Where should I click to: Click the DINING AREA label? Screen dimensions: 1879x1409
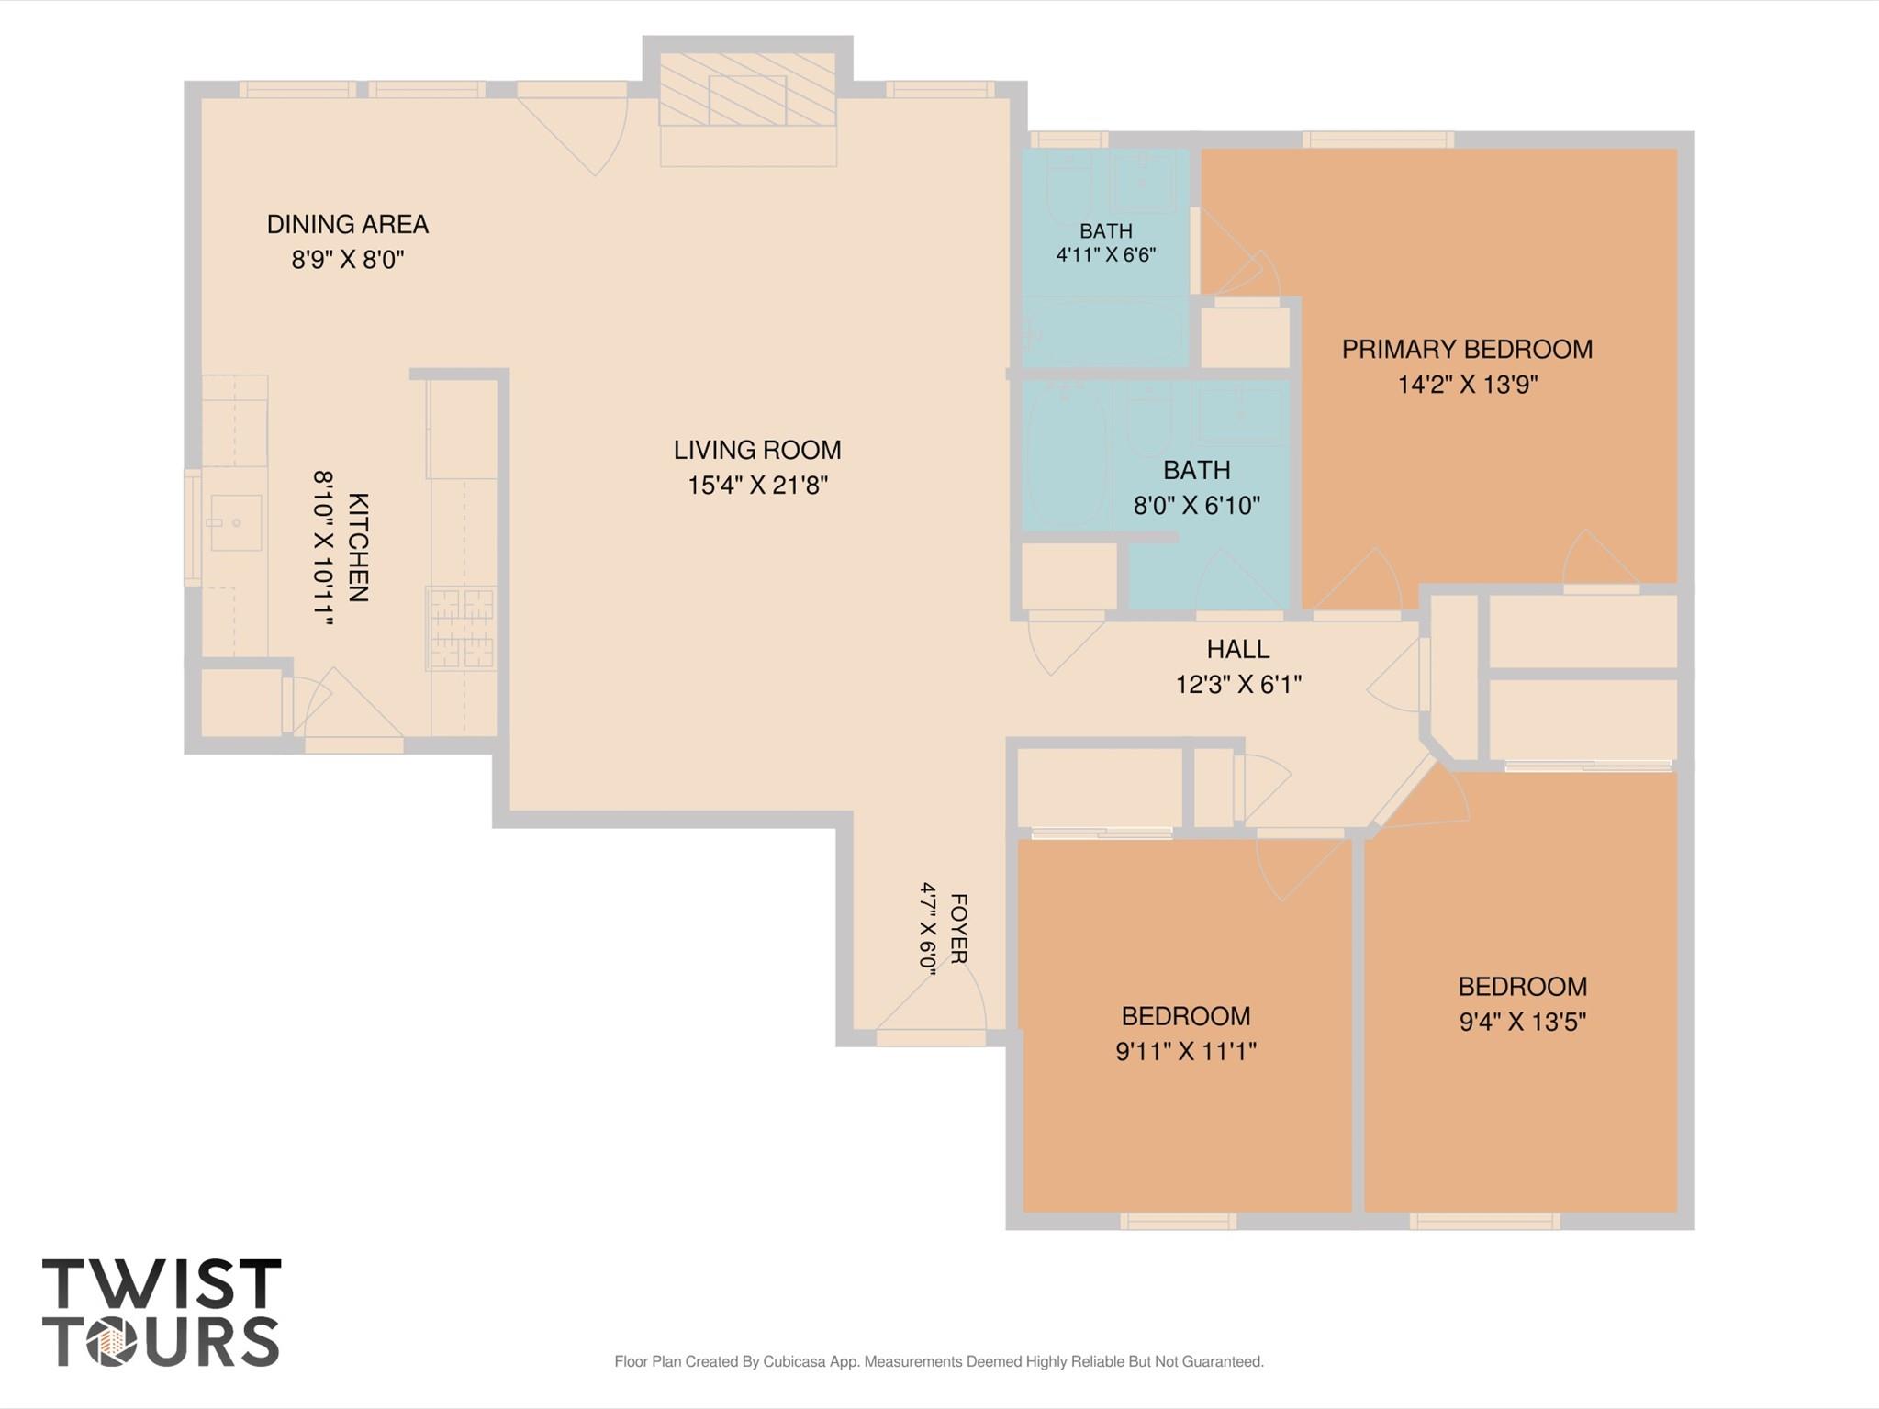[348, 224]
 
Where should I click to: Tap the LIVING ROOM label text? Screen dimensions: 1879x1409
[757, 450]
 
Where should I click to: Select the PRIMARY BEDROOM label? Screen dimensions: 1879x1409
[1467, 349]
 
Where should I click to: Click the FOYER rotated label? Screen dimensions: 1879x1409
[957, 929]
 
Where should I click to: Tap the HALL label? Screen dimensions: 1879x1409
[1238, 649]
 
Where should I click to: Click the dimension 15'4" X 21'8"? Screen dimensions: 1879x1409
[758, 485]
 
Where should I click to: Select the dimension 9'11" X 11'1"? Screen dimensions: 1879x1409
[1186, 1051]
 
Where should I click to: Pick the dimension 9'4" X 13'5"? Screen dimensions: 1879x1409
[1523, 1022]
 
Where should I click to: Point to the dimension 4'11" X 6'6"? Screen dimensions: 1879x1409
[1106, 254]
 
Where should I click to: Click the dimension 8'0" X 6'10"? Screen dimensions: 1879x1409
[1197, 505]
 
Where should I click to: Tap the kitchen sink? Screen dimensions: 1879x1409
[236, 522]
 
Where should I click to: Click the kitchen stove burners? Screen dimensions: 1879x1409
[462, 629]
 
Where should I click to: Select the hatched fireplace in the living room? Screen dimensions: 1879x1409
[748, 89]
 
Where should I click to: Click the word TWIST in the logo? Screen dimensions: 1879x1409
[162, 1284]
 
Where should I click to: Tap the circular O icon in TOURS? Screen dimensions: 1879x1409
[111, 1343]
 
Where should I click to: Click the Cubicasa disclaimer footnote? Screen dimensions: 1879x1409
[939, 1361]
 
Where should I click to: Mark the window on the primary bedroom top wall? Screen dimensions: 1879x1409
[1378, 140]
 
